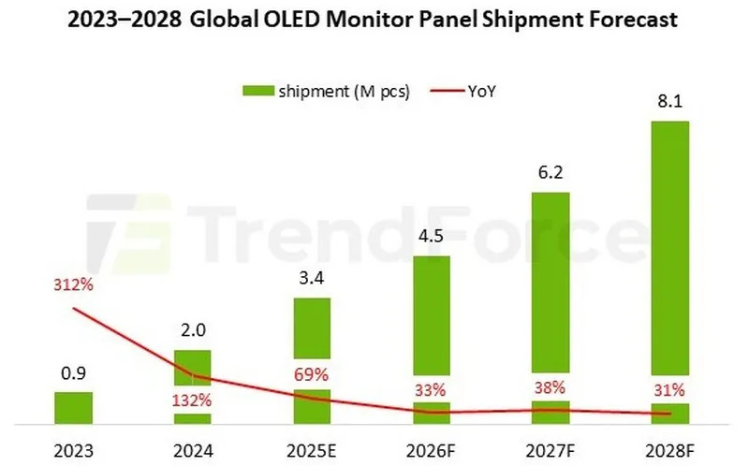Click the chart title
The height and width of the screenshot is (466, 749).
click(x=374, y=20)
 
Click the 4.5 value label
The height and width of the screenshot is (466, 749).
click(x=431, y=237)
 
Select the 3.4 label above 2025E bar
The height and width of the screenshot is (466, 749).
click(x=312, y=279)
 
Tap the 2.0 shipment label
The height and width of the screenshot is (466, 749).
click(x=192, y=331)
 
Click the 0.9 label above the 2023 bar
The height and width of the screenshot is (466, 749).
click(x=73, y=373)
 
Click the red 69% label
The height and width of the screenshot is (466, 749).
click(x=312, y=375)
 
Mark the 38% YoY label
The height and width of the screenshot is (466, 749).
click(x=550, y=388)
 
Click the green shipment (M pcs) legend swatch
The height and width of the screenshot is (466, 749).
click(x=257, y=90)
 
